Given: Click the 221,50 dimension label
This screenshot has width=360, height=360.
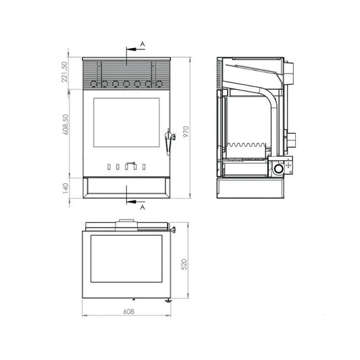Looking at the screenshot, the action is click(65, 72).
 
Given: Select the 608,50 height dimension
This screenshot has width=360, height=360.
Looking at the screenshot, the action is click(66, 124).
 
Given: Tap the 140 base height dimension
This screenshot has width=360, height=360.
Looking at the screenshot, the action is click(66, 188).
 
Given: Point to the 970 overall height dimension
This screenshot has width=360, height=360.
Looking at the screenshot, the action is click(186, 132).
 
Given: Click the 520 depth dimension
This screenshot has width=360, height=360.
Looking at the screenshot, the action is click(184, 264).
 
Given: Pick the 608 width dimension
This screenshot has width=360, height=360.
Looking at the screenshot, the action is click(128, 311).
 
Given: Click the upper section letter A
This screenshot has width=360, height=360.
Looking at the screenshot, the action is click(143, 44).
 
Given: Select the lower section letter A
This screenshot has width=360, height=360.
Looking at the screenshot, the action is click(143, 207).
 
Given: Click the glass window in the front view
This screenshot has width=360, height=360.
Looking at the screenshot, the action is click(126, 123).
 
